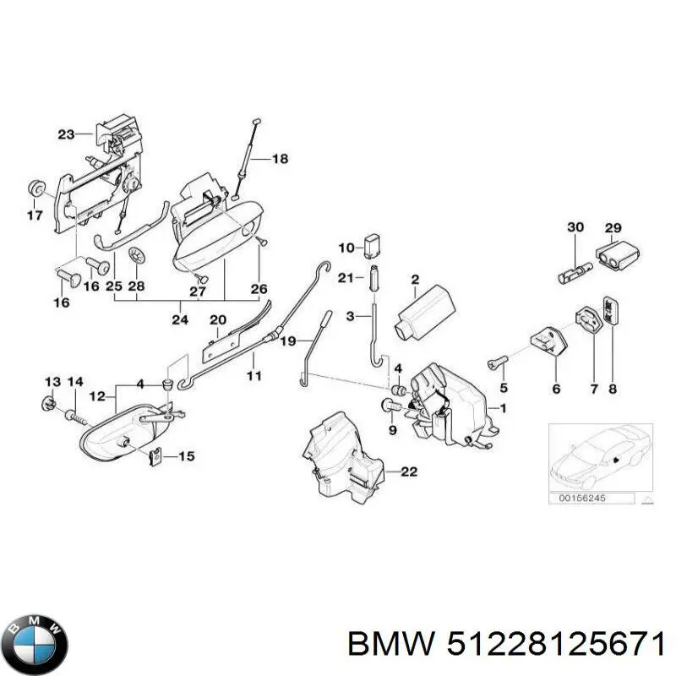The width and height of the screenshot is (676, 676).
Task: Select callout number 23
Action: tap(67, 134)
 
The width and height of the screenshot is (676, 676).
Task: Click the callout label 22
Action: tap(408, 472)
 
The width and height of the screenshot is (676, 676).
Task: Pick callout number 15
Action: tap(185, 456)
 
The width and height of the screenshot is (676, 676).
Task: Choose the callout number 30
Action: tap(575, 227)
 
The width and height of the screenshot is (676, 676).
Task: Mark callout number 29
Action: tap(613, 227)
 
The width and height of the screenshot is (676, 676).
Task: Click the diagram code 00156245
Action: tap(582, 499)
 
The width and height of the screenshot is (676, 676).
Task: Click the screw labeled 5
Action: tap(495, 364)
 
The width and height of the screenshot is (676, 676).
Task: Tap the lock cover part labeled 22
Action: tap(342, 456)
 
